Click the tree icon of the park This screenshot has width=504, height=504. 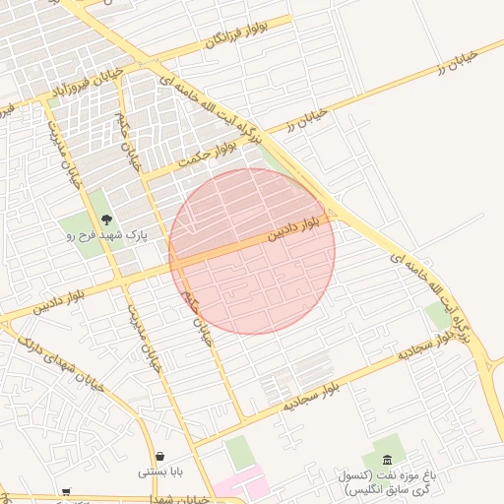click(x=106, y=220)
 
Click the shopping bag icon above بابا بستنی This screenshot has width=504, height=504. click(x=159, y=457)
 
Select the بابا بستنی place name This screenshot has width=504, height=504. click(x=159, y=472)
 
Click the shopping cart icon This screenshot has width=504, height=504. click(x=66, y=491)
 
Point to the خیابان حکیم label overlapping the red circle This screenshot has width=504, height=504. click(x=196, y=314)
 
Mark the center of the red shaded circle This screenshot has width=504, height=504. click(x=252, y=251)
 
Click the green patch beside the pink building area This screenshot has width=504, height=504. click(x=239, y=452)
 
